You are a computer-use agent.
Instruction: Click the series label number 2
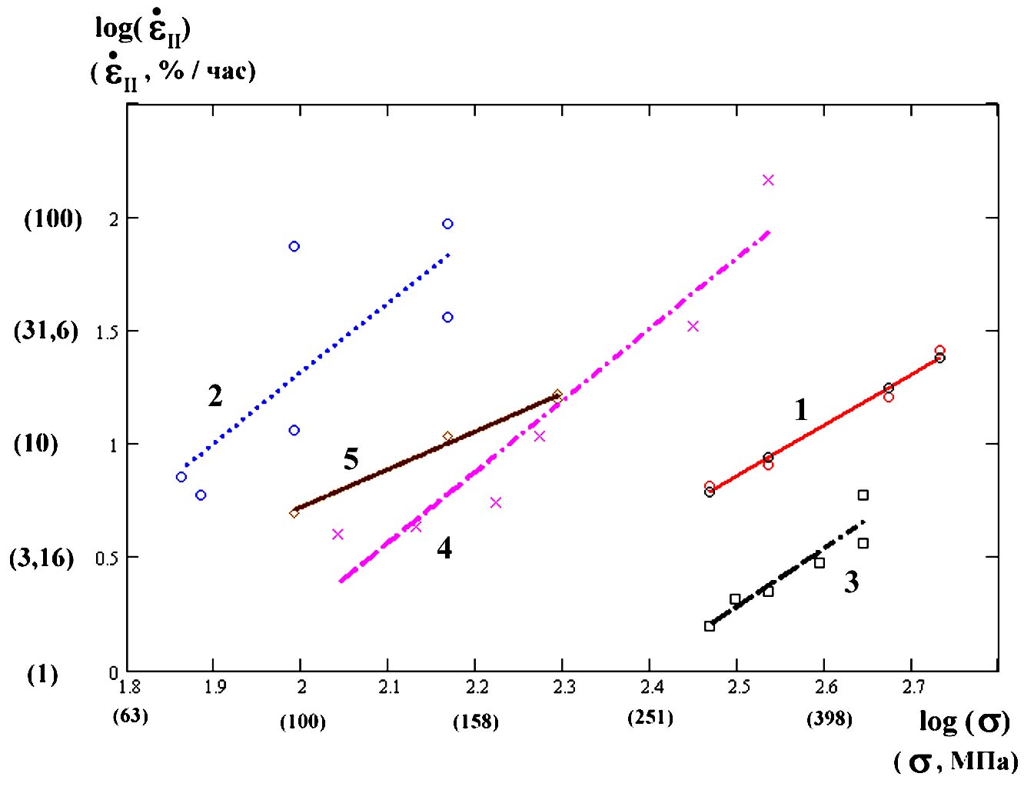pos(215,396)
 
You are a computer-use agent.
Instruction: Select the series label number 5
pos(351,459)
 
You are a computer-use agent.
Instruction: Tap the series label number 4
pos(444,548)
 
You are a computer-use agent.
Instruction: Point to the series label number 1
pos(801,410)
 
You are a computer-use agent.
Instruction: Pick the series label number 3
pos(851,582)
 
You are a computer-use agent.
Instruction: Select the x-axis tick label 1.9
pos(214,687)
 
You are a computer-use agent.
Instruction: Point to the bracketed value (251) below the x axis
pos(650,718)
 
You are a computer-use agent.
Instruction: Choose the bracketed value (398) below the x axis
pos(830,719)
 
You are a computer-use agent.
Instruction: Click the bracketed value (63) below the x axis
pos(130,716)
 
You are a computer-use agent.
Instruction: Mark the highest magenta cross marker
pos(768,180)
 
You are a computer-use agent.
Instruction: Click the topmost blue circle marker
pos(447,224)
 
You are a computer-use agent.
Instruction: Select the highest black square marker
pos(863,495)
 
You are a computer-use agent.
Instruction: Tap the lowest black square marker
pos(710,626)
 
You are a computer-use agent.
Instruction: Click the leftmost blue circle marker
pos(181,477)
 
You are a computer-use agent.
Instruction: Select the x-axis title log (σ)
pos(964,722)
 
